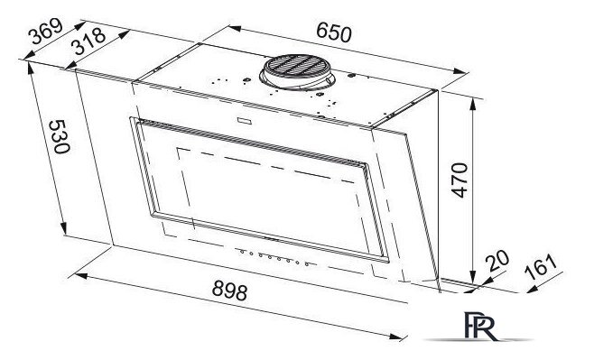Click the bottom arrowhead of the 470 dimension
point(474,279)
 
